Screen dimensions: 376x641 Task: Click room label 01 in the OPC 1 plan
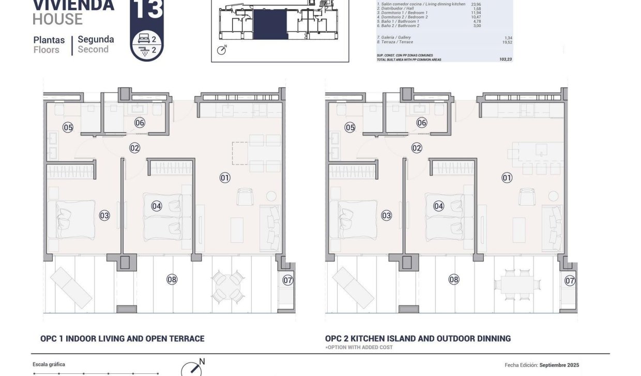[x=225, y=178]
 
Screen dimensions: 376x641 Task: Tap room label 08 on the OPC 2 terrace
[x=454, y=280]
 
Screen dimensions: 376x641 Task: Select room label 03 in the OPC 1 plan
[x=104, y=215]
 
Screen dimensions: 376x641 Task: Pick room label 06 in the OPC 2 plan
[x=422, y=123]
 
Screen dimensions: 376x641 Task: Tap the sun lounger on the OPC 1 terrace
[x=71, y=287]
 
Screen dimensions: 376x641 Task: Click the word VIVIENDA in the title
[x=73, y=5]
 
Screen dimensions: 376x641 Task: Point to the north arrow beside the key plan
[x=222, y=50]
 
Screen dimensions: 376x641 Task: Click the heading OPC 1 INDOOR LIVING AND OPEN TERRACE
[x=123, y=339]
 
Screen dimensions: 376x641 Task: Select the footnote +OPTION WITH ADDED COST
[x=359, y=348]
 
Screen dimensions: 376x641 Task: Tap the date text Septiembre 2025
[x=559, y=365]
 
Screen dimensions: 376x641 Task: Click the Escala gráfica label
[x=49, y=364]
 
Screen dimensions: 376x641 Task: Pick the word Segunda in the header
[x=96, y=39]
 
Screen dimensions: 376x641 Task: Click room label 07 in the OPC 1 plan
[x=288, y=280]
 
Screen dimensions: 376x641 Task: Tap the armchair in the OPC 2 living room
[x=527, y=196]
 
